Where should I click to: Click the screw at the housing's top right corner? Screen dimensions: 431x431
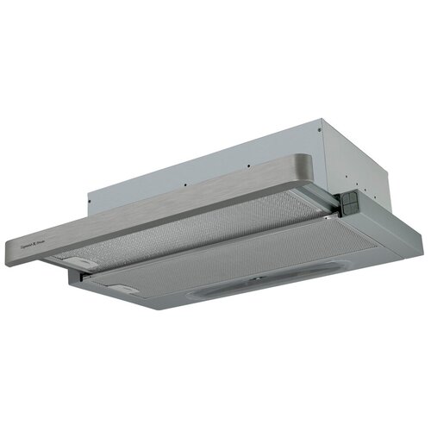(x=320, y=131)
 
